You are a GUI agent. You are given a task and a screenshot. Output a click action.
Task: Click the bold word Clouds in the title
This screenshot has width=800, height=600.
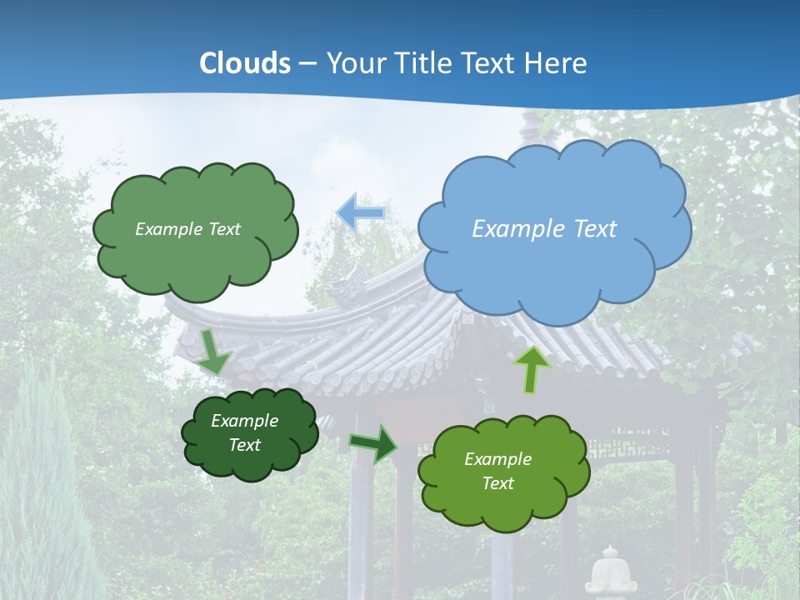[245, 63]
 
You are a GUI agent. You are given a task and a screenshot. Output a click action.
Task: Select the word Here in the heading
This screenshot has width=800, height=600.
[557, 63]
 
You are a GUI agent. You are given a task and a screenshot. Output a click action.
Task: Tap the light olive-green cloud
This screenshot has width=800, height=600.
[502, 472]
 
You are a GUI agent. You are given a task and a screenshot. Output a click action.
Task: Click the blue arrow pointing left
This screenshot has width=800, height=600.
[360, 212]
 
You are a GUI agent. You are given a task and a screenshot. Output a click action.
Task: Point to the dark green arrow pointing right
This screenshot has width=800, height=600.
[373, 443]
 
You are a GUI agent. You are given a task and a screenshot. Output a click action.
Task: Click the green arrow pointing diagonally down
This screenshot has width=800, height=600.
[214, 352]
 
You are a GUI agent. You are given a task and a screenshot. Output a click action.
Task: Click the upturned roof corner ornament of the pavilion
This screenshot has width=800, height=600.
[348, 283]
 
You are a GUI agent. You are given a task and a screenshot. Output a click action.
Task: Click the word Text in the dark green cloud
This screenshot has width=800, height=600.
[245, 445]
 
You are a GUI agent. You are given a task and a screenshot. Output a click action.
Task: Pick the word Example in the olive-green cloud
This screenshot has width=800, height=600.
[497, 459]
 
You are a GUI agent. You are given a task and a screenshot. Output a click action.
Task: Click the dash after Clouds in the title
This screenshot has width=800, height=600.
[307, 63]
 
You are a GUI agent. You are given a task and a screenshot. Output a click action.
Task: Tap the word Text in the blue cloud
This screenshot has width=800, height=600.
[596, 228]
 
